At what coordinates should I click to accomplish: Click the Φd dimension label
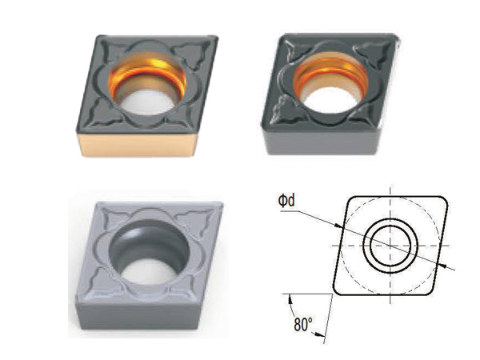[286, 201]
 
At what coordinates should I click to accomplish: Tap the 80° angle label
[303, 325]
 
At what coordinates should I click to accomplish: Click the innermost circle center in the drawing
[390, 246]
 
